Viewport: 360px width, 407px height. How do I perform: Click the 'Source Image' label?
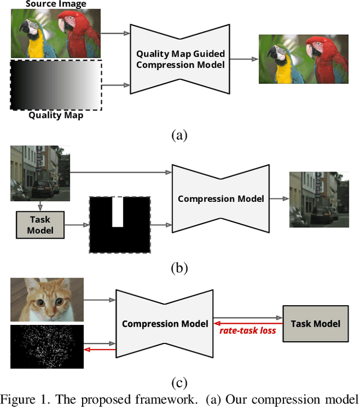click(x=56, y=4)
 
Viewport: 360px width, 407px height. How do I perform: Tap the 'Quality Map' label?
click(x=56, y=115)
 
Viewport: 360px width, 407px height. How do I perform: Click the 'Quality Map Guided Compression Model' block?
click(x=180, y=59)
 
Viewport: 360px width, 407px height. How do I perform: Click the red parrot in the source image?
click(x=79, y=31)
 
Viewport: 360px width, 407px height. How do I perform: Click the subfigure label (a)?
click(x=179, y=135)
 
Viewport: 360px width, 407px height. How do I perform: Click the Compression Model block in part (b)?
click(x=220, y=199)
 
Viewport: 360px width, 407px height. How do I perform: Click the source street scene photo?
click(x=39, y=173)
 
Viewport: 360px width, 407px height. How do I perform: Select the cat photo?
click(x=47, y=300)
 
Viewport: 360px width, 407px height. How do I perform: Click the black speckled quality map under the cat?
click(x=47, y=343)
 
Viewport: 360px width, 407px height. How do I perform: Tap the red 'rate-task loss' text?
click(x=247, y=331)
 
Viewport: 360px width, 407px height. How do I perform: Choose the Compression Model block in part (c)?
click(x=164, y=324)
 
